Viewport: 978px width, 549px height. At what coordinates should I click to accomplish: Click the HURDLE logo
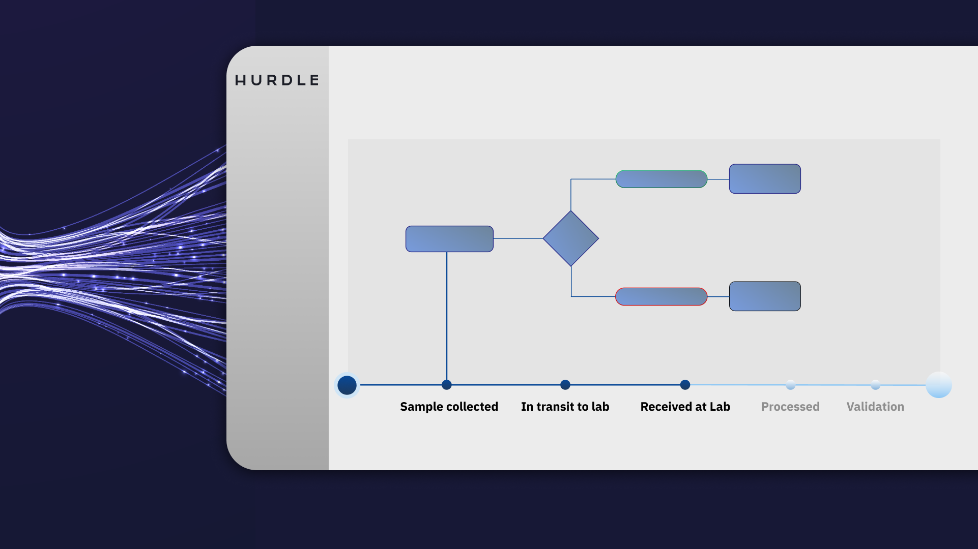click(x=277, y=80)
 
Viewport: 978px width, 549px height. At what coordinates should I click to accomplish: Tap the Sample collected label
click(x=449, y=407)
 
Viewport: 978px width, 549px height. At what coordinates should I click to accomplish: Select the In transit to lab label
click(x=565, y=407)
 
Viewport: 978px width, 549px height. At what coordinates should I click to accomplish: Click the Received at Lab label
click(x=685, y=407)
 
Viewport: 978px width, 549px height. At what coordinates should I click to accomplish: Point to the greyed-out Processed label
click(x=790, y=407)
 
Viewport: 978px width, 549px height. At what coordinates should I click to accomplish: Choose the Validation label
click(x=875, y=407)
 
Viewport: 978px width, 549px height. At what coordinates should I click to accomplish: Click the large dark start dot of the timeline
click(x=347, y=385)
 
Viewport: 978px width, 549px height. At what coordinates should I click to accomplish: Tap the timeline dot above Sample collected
click(x=447, y=385)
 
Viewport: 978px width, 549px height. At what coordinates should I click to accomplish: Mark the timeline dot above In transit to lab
click(x=565, y=385)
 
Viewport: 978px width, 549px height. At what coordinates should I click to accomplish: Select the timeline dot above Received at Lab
click(x=685, y=385)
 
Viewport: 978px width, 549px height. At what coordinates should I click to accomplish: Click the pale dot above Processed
click(x=790, y=385)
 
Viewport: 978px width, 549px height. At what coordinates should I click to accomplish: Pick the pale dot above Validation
click(x=875, y=385)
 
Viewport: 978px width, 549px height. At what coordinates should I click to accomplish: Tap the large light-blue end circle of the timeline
click(x=939, y=385)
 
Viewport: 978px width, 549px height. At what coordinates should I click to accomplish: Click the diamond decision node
click(x=571, y=238)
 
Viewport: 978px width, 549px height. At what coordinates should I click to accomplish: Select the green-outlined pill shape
click(x=661, y=179)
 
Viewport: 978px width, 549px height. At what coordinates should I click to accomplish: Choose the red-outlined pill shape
click(x=661, y=296)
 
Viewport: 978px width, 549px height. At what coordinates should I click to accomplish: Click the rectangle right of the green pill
click(x=765, y=179)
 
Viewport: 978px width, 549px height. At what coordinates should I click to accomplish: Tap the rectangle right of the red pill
click(x=765, y=296)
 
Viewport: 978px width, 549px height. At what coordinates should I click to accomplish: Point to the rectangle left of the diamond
click(x=449, y=239)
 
